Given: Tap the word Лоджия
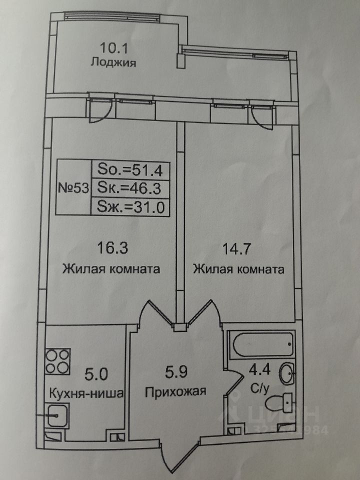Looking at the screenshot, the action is (113, 63).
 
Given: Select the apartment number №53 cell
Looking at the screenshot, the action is (73, 187).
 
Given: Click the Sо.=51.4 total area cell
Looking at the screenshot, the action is (130, 169).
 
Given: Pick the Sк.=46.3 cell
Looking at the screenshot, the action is (130, 187).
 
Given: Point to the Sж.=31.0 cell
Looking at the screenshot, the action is (130, 207).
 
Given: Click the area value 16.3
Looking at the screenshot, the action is (112, 248).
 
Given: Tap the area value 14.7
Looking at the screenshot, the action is (236, 249).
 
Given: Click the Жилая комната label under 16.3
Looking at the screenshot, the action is (111, 269).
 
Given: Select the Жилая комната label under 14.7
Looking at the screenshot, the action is (238, 269).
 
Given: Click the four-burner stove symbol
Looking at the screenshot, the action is (57, 361).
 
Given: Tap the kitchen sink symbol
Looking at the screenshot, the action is (56, 415).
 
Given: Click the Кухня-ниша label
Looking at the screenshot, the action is (86, 393).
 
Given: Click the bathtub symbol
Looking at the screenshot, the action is (262, 344).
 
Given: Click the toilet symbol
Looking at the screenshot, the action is (279, 403).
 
